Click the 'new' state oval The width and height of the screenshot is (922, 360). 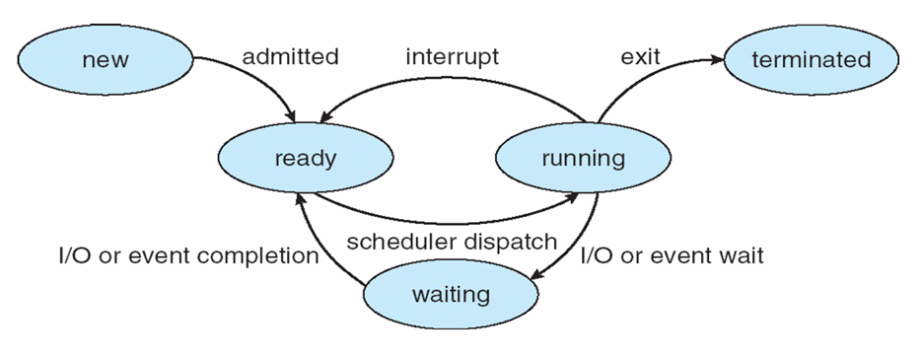(106, 59)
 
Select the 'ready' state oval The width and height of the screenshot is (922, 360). (305, 158)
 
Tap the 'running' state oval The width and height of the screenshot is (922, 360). (584, 158)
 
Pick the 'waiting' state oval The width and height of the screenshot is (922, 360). (451, 294)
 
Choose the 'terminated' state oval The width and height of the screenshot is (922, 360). (812, 59)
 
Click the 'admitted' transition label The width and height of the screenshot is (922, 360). (291, 57)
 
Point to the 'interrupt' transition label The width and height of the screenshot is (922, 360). (453, 57)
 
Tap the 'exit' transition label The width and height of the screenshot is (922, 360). (640, 57)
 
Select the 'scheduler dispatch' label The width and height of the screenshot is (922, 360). (451, 242)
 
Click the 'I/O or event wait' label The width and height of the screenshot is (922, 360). (673, 255)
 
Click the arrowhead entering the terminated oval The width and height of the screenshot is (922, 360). (717, 59)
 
